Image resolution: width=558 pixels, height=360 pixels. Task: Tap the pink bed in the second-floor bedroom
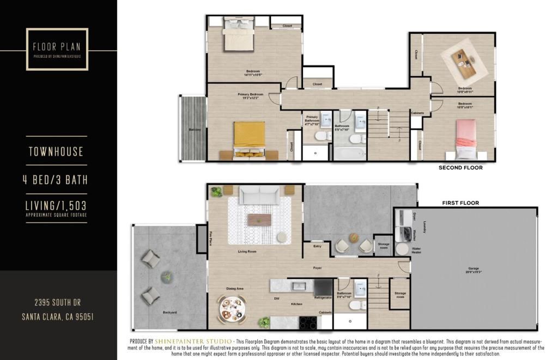click(466, 137)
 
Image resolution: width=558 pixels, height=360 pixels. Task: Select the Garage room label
click(473, 269)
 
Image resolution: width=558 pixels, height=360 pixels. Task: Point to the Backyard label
click(170, 313)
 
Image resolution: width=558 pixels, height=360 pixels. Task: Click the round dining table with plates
click(232, 309)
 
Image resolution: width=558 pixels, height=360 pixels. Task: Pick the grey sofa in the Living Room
click(259, 194)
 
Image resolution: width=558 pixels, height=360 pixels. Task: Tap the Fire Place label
click(210, 238)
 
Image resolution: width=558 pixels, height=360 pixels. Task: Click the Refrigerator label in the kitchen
click(323, 298)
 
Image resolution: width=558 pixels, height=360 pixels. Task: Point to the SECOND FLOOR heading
click(460, 168)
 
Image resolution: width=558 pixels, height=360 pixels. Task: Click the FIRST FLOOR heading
click(460, 203)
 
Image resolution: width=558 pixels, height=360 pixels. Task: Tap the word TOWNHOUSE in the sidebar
click(56, 151)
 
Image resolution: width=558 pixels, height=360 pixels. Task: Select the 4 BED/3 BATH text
click(56, 180)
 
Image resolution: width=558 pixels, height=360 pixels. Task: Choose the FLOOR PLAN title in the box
click(57, 46)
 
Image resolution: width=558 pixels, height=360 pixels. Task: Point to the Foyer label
click(317, 267)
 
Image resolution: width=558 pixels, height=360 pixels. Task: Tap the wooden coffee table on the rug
click(259, 219)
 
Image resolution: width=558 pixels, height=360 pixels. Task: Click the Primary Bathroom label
click(312, 119)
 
